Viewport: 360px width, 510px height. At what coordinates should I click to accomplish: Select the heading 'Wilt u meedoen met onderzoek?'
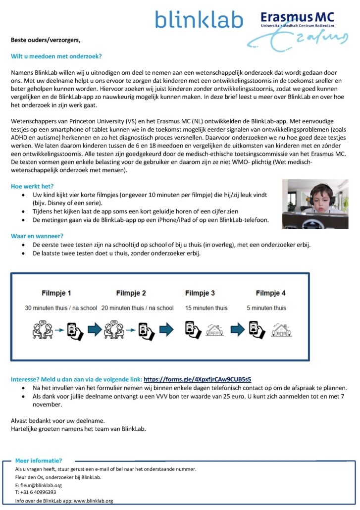[56, 56]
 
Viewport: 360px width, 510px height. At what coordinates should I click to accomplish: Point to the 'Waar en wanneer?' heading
[37, 236]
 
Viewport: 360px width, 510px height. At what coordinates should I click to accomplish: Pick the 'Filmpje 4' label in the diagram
[271, 293]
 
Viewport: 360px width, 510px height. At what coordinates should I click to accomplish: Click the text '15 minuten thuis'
[206, 308]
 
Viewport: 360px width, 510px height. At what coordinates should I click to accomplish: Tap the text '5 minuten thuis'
[266, 308]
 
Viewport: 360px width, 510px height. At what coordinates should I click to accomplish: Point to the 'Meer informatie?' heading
[39, 460]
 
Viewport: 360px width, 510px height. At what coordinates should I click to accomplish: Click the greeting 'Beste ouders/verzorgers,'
[45, 40]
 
